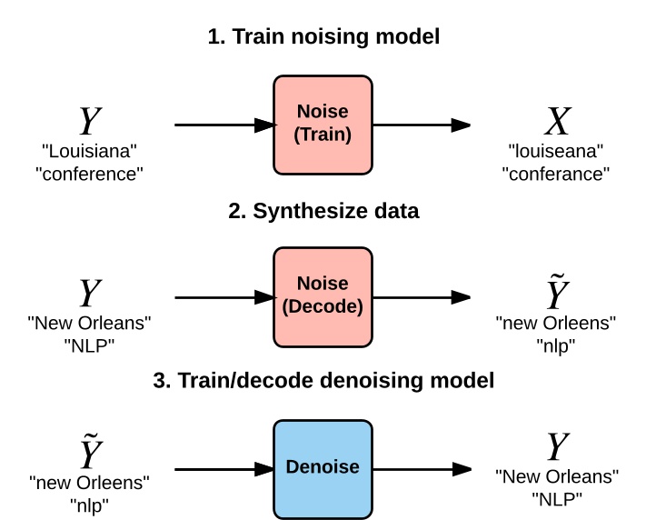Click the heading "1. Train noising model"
323,38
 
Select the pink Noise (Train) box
323,125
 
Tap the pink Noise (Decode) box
323,295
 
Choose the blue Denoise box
323,467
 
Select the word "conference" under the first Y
89,172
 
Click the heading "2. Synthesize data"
323,212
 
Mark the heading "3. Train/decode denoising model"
323,381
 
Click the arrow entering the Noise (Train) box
224,125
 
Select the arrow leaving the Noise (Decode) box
422,296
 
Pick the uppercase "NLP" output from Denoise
557,497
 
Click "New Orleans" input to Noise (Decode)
89,322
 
